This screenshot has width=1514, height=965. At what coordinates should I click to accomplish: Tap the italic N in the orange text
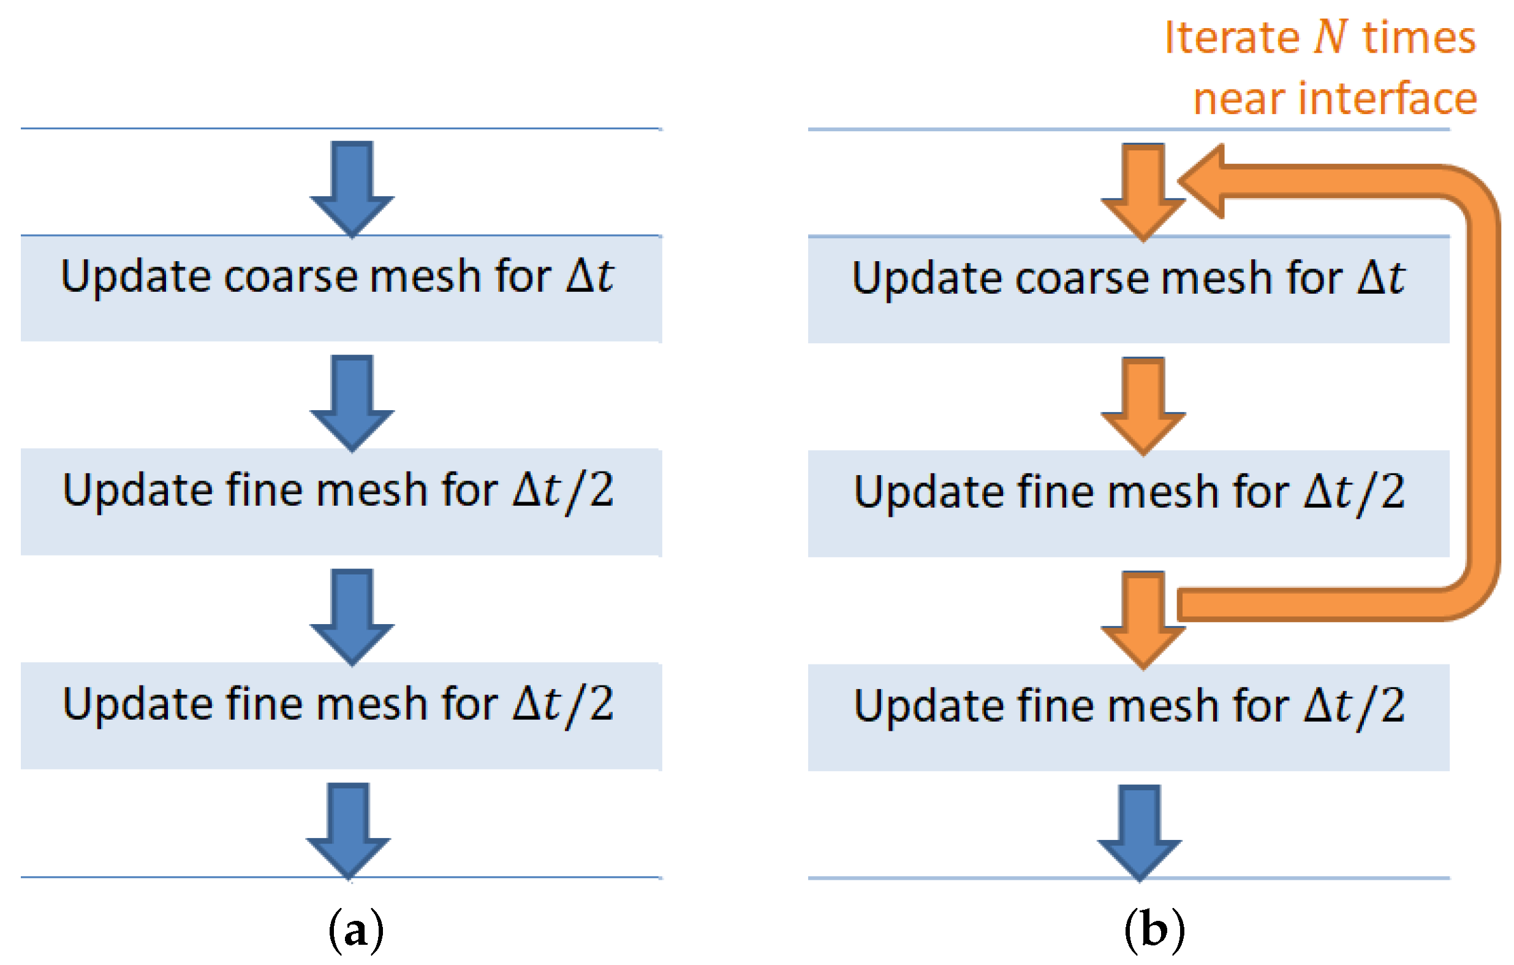point(1330,37)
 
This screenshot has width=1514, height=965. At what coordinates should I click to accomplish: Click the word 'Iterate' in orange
point(1232,38)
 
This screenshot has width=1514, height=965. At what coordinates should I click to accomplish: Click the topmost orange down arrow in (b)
point(1143,190)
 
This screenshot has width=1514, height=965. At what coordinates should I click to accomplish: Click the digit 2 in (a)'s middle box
point(601,490)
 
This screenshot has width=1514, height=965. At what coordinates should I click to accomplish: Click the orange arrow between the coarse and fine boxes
point(1143,405)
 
